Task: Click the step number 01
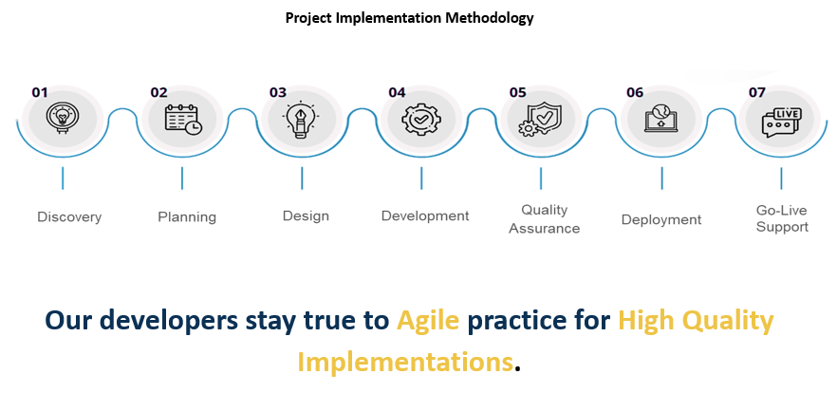point(40,92)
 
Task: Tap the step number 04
point(397,92)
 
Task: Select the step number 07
point(756,92)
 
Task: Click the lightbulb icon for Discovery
point(63,118)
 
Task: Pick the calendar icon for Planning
point(182,119)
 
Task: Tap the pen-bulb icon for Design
point(301,120)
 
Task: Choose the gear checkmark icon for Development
point(421,120)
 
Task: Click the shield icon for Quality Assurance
point(539,120)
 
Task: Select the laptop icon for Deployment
point(660,120)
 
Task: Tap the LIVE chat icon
point(781,122)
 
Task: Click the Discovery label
point(69,217)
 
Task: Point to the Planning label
point(187,217)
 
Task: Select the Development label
point(425,215)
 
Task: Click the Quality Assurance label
point(544,219)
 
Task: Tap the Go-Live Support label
point(782,218)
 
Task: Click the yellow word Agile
point(428,321)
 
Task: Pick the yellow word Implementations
point(405,362)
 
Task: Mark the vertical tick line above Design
point(302,178)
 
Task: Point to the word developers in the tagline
point(170,321)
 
